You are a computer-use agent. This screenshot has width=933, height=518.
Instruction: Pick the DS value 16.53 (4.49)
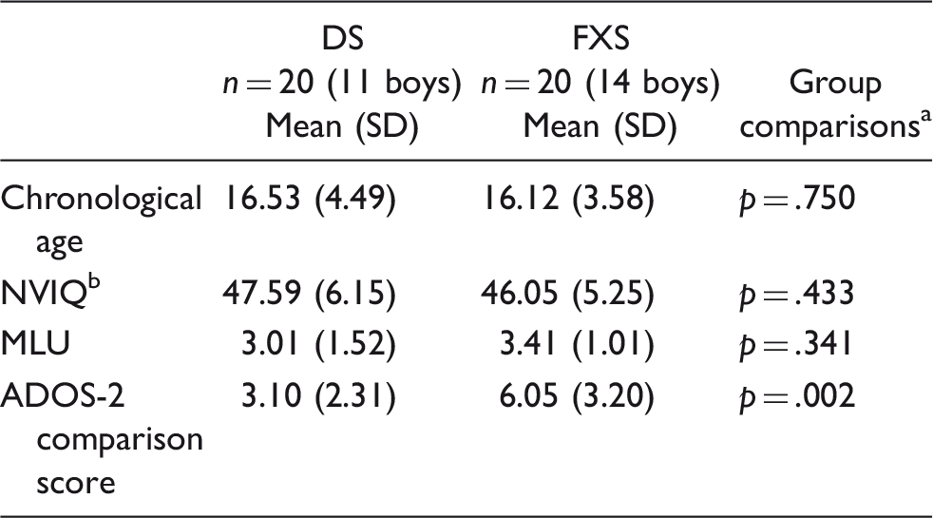point(311,202)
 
